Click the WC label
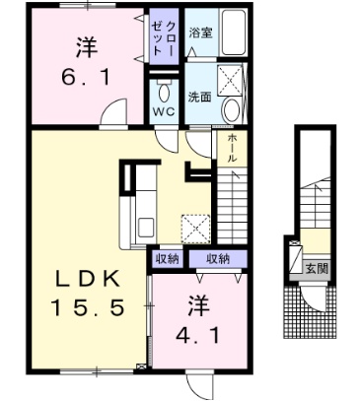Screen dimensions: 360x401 coord(164,112)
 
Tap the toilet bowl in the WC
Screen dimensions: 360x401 coord(164,92)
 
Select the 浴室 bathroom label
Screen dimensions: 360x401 coord(200,33)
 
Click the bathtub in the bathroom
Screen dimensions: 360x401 coord(233,32)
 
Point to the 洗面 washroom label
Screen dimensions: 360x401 coord(199,97)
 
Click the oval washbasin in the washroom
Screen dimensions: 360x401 coord(232,110)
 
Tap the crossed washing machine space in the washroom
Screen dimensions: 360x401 coord(230,80)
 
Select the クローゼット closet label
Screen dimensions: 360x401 coord(164,36)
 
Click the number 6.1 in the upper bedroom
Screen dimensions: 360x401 coord(86,78)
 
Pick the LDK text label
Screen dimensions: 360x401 coord(87,280)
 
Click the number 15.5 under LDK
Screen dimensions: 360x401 coord(88,307)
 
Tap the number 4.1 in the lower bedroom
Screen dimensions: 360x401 coord(197,335)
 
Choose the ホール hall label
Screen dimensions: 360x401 coord(232,148)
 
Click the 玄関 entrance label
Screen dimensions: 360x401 coord(317,269)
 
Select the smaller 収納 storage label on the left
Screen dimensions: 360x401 coord(167,259)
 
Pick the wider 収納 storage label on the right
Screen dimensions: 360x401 coord(218,259)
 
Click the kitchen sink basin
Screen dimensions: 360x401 coord(146,228)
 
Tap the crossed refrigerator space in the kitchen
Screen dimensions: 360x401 coord(195,229)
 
